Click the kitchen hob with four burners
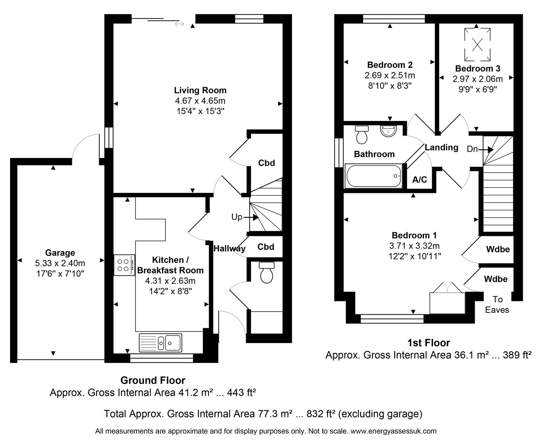tap(124, 265)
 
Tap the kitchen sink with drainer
tap(161, 343)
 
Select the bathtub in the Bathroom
tap(374, 176)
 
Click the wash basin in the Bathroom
tap(389, 131)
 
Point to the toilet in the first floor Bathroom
tap(362, 134)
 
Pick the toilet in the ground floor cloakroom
tap(266, 272)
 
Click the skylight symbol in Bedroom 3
tap(477, 45)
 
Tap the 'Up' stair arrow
tap(251, 217)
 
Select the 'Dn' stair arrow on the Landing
tap(486, 149)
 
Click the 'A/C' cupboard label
tap(420, 180)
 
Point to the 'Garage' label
tap(60, 252)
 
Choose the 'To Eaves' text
tap(497, 304)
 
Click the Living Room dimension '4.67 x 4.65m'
tap(200, 101)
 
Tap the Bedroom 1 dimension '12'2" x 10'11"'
tap(415, 256)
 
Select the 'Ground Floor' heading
tap(153, 380)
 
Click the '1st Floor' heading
tap(429, 343)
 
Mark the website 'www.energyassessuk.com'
tap(394, 431)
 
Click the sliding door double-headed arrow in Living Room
tap(179, 24)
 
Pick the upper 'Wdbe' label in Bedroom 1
tap(498, 249)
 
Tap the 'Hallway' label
tap(230, 248)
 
